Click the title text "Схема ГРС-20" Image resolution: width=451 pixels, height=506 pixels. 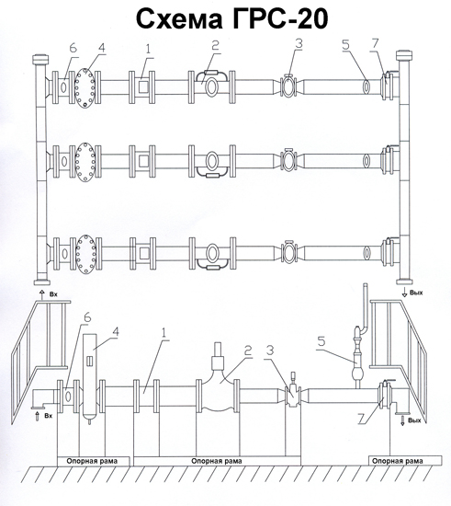232,18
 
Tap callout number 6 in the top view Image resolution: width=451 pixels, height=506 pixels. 73,49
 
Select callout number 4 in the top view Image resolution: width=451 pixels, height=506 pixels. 102,48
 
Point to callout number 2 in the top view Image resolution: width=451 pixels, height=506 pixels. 215,45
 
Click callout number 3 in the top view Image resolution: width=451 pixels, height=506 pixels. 299,43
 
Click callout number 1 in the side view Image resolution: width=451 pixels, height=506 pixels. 165,332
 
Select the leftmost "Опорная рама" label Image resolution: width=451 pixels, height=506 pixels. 92,461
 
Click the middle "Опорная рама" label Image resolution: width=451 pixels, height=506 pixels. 217,461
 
